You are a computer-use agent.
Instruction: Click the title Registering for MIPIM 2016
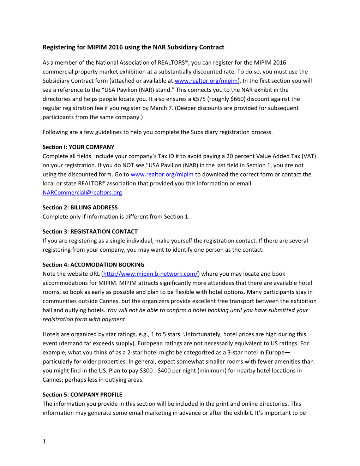(x=133, y=47)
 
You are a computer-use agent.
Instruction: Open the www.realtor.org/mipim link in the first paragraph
(x=206, y=81)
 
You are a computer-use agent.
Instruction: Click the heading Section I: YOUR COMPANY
(x=78, y=147)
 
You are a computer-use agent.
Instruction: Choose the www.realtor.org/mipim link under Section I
(x=162, y=174)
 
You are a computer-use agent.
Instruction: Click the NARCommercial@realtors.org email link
(x=82, y=193)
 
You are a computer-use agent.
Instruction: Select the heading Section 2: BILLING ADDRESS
(x=80, y=208)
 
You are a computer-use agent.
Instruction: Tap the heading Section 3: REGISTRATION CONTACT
(x=90, y=232)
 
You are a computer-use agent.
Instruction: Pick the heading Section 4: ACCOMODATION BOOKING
(x=94, y=265)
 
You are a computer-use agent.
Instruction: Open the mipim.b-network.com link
(x=150, y=274)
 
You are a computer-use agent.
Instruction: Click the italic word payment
(x=113, y=319)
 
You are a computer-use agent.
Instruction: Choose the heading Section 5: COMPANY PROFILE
(x=82, y=395)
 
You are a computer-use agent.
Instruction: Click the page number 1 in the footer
(x=44, y=441)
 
